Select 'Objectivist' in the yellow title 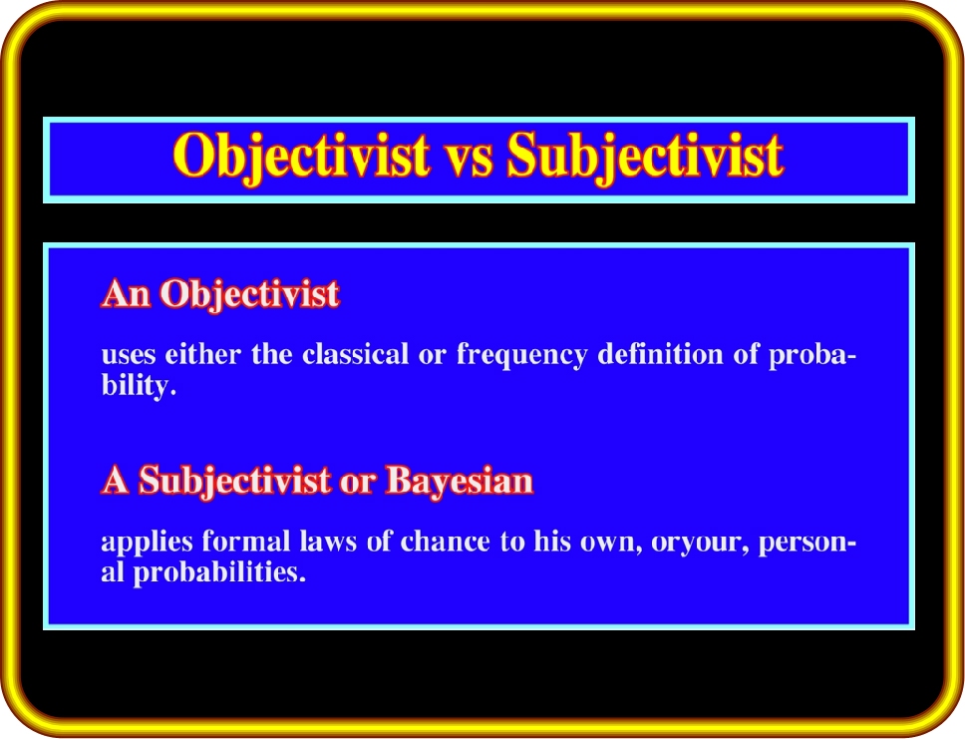click(301, 157)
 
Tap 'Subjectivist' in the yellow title click(645, 157)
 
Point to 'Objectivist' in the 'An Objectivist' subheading click(250, 294)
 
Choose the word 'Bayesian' click(460, 482)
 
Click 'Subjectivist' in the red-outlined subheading click(235, 482)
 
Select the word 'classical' click(355, 354)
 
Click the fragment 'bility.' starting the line click(140, 387)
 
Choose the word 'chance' click(445, 542)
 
